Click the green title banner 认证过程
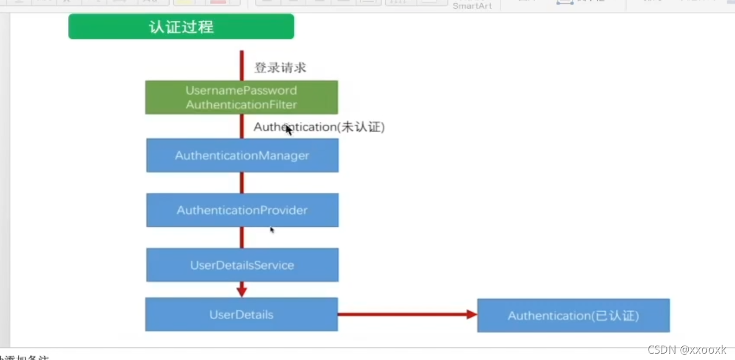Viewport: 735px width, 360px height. click(x=181, y=27)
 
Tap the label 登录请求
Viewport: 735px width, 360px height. click(x=280, y=67)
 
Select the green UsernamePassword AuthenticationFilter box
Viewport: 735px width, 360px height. click(x=241, y=97)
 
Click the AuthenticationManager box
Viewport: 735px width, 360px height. click(x=242, y=155)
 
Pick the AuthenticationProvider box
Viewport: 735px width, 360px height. click(x=242, y=210)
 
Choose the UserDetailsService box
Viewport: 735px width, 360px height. click(x=242, y=265)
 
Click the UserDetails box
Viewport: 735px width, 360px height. click(x=241, y=314)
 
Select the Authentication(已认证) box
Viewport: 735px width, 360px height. click(x=573, y=316)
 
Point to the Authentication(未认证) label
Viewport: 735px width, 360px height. click(x=319, y=127)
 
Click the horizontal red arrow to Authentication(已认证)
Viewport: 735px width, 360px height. click(x=404, y=314)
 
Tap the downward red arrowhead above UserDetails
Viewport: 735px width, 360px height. click(x=242, y=290)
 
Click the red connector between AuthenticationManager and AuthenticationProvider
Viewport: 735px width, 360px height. click(x=242, y=182)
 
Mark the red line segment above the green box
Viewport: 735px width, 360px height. click(x=242, y=65)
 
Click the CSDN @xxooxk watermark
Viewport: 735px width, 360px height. click(x=687, y=350)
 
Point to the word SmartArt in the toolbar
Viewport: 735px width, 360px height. click(x=472, y=6)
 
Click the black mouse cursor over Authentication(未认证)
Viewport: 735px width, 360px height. click(x=288, y=130)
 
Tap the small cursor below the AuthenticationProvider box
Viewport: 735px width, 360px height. click(x=272, y=230)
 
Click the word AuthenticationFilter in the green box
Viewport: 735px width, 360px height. click(x=241, y=105)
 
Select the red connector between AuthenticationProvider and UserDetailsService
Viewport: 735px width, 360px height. click(x=242, y=237)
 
